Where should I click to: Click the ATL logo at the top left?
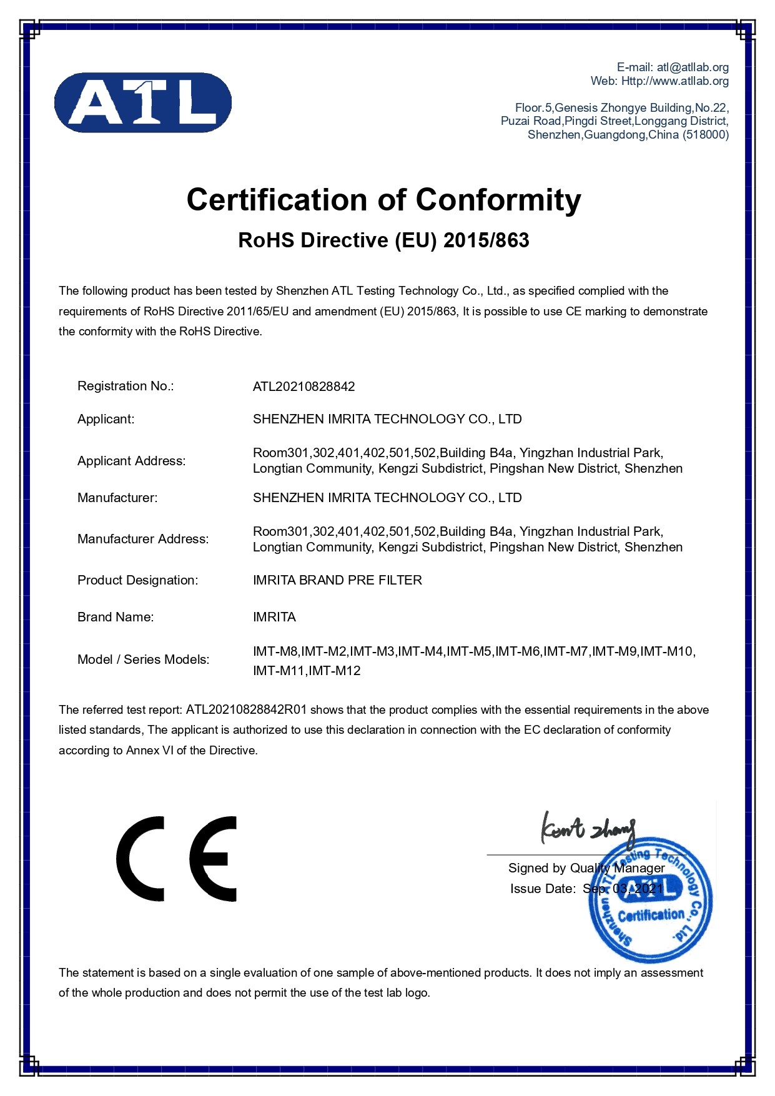coord(143,102)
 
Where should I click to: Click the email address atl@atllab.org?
coord(693,67)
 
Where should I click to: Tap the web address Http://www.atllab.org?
coord(674,81)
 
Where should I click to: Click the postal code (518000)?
coord(706,135)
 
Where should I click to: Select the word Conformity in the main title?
coord(498,200)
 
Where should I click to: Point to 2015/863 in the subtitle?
coord(486,240)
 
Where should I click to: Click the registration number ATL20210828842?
coord(304,387)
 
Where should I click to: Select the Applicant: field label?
coord(106,419)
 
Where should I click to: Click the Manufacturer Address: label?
coord(143,539)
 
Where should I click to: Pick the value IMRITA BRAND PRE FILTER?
coord(337,580)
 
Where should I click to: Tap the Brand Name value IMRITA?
coord(274,617)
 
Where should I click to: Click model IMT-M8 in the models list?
coord(275,651)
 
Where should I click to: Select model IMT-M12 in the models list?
coord(335,671)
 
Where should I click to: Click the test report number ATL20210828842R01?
coord(247,710)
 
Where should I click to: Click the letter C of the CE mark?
coord(141,858)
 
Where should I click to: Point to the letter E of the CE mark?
coord(214,858)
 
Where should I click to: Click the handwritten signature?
coord(588,829)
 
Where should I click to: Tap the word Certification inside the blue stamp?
coord(651,916)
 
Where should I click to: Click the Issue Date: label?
coord(542,889)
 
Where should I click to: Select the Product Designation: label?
coord(137,580)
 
